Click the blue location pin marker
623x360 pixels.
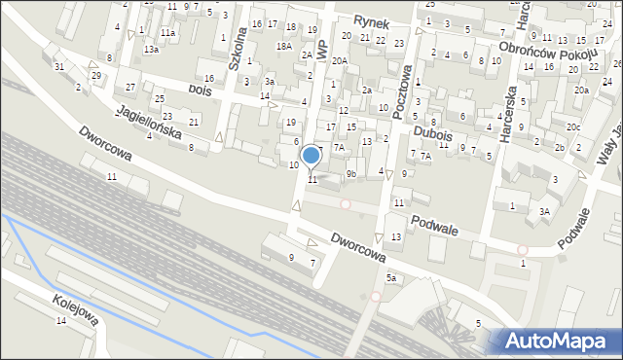click(x=311, y=156)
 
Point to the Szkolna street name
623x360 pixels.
click(x=237, y=48)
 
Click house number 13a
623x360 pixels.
click(x=151, y=49)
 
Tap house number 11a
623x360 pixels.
click(x=168, y=32)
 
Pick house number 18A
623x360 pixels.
click(x=283, y=46)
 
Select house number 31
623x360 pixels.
click(x=59, y=66)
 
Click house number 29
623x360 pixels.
click(x=95, y=75)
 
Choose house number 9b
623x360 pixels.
click(x=351, y=174)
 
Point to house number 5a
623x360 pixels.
click(x=391, y=278)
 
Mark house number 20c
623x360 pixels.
click(x=574, y=127)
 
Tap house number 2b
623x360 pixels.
click(x=560, y=147)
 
